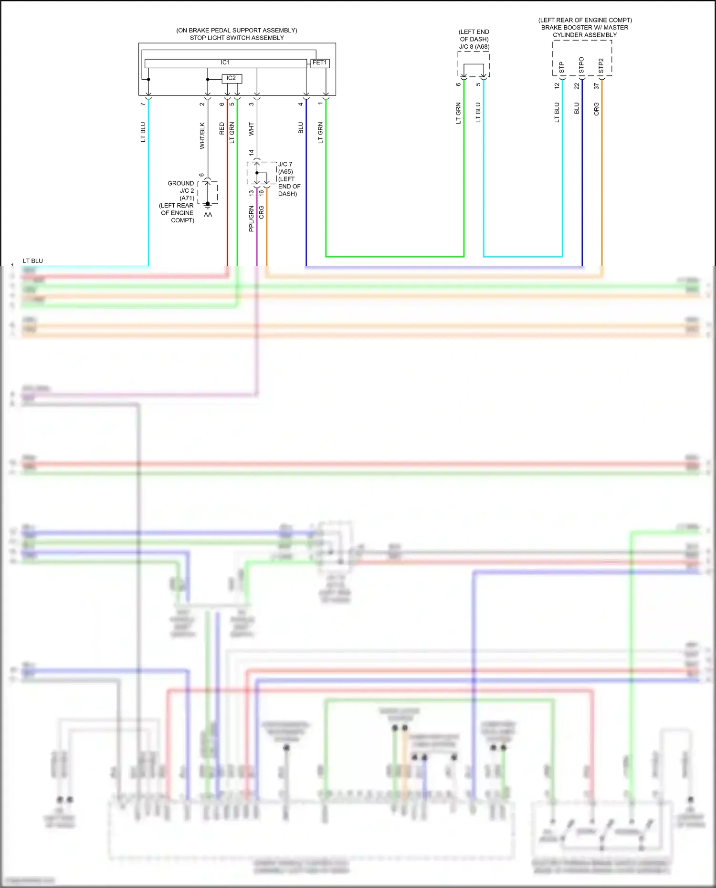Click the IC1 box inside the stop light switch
[x=225, y=63]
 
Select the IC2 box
[x=232, y=78]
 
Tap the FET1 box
[x=320, y=63]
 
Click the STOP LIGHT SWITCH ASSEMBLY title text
[x=237, y=38]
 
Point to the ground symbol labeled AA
[x=208, y=206]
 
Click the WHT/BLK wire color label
[x=202, y=136]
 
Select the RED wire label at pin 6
[x=222, y=128]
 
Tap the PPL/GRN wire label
[x=252, y=219]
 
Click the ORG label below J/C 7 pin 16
[x=262, y=212]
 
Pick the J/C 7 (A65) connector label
[x=285, y=168]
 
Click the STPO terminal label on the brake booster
[x=581, y=65]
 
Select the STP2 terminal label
[x=601, y=66]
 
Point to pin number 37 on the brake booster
[x=597, y=86]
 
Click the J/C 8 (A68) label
[x=474, y=47]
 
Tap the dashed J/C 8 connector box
[x=474, y=64]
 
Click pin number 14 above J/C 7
[x=252, y=153]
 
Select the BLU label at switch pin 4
[x=301, y=128]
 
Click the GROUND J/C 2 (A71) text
[x=181, y=190]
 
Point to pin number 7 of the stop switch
[x=143, y=104]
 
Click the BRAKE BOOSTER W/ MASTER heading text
[x=585, y=28]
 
